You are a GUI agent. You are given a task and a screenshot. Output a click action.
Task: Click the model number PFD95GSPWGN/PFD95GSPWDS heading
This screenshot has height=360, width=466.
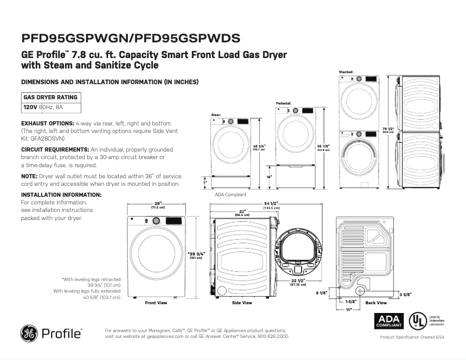click(131, 38)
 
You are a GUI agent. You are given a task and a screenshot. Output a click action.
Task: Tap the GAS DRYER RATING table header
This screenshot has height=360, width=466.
click(50, 97)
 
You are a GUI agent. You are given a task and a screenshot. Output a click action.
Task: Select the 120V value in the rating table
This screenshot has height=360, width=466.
click(30, 107)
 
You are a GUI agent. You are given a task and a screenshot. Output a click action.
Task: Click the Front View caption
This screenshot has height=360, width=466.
click(156, 303)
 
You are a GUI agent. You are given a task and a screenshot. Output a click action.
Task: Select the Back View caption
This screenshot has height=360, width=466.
click(376, 303)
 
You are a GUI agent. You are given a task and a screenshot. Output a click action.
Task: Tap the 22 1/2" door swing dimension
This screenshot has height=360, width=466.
click(299, 282)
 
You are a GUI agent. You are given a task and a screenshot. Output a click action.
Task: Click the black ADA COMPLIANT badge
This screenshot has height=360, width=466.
click(388, 321)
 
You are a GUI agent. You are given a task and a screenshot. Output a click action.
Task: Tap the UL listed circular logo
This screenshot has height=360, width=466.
click(416, 321)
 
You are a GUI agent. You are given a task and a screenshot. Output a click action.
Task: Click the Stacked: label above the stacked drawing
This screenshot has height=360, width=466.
click(346, 72)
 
